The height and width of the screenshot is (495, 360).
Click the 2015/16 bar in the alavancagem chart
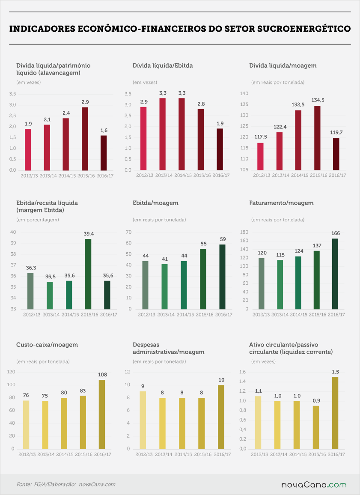[x=85, y=139]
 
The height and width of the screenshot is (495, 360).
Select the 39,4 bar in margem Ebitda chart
[x=88, y=274]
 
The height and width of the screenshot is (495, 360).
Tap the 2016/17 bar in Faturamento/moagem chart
[x=335, y=274]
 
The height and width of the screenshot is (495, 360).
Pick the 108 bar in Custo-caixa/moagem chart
[x=101, y=414]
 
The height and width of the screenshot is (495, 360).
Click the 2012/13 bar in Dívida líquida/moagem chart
[x=260, y=157]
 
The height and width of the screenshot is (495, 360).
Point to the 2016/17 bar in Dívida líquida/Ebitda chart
[x=220, y=149]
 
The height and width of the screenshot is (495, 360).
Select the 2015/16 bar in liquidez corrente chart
[x=316, y=427]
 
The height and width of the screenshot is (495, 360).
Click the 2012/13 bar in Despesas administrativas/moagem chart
[x=143, y=420]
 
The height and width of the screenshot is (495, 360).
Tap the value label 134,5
[x=318, y=100]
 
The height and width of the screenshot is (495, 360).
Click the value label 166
[x=336, y=233]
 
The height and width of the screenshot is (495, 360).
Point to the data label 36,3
[x=31, y=268]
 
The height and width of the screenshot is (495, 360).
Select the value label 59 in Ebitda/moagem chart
[x=223, y=239]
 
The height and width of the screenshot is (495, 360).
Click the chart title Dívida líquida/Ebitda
[x=163, y=66]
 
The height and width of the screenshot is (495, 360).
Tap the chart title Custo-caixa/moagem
[x=47, y=344]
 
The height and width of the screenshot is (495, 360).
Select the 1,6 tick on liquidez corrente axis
[x=242, y=372]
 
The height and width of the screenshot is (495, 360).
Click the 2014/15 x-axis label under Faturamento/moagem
[x=298, y=314]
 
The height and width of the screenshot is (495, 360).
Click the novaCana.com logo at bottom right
[x=314, y=485]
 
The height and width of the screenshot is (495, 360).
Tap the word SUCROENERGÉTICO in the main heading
[x=304, y=29]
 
